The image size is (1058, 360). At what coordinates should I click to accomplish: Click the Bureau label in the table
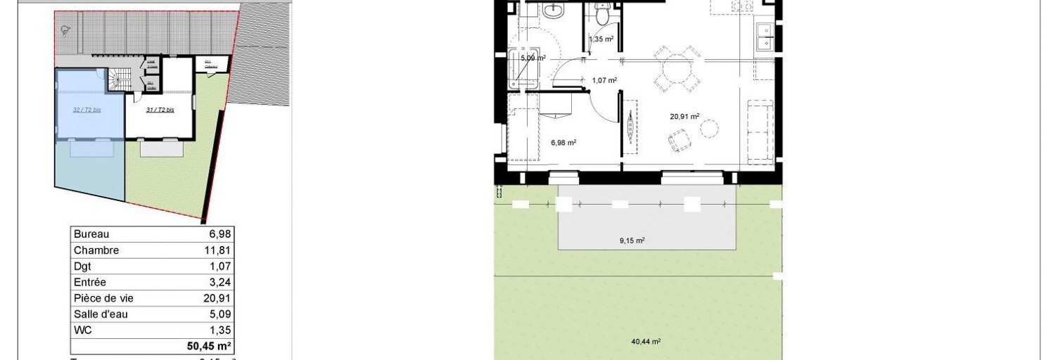click(x=91, y=234)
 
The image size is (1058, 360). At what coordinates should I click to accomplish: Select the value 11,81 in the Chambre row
click(x=217, y=250)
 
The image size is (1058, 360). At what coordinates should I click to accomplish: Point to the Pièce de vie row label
click(x=103, y=299)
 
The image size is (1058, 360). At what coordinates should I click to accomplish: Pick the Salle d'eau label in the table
click(x=101, y=315)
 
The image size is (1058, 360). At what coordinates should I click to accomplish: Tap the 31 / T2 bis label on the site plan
click(x=160, y=110)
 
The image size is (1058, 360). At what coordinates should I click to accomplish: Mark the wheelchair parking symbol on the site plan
click(x=65, y=30)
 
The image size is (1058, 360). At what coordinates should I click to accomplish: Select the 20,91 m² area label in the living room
click(x=684, y=117)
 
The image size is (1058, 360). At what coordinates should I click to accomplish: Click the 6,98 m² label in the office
click(x=563, y=142)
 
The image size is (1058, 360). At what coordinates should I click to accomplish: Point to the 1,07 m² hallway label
click(x=604, y=80)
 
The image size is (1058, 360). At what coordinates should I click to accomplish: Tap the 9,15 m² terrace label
click(x=632, y=240)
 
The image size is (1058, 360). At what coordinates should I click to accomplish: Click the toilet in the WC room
click(x=601, y=13)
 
